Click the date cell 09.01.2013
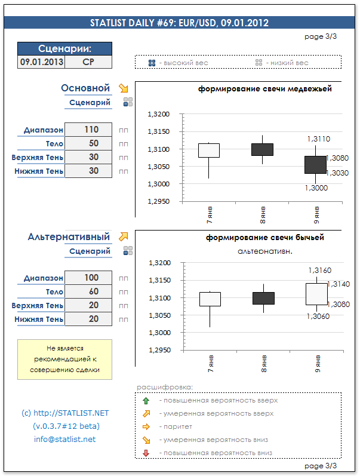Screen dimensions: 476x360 41,62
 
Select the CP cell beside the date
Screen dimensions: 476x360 88,62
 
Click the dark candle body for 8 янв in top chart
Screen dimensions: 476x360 262,149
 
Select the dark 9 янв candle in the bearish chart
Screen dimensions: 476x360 316,164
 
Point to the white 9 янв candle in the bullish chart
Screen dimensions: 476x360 316,294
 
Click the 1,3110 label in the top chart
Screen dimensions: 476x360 318,139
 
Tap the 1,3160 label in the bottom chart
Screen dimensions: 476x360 319,271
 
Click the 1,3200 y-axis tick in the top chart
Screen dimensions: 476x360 158,114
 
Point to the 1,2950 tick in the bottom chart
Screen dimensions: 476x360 158,351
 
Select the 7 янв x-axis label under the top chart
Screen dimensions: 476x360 208,213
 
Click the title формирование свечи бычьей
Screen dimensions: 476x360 265,237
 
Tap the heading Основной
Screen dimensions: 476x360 85,88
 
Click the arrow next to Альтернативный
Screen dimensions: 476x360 124,237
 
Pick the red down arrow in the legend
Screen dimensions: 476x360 145,453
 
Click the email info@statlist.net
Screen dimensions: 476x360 64,440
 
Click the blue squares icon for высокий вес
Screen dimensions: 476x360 152,63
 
